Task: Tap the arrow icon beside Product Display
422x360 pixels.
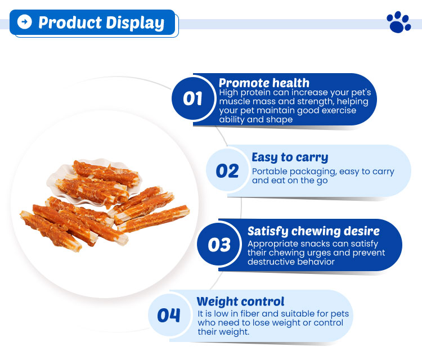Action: tap(25, 22)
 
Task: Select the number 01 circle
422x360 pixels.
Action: tap(193, 99)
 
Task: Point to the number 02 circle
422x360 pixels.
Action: tap(227, 171)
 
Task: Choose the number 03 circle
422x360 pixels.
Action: tap(219, 245)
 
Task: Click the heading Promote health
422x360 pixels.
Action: tap(264, 83)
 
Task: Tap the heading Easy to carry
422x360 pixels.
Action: tap(290, 157)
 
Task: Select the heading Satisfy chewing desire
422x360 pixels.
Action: tap(313, 231)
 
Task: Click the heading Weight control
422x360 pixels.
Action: tap(240, 301)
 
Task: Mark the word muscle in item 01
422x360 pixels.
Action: tap(233, 101)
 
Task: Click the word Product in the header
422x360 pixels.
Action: tap(69, 22)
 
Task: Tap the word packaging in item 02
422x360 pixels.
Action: tap(311, 172)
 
